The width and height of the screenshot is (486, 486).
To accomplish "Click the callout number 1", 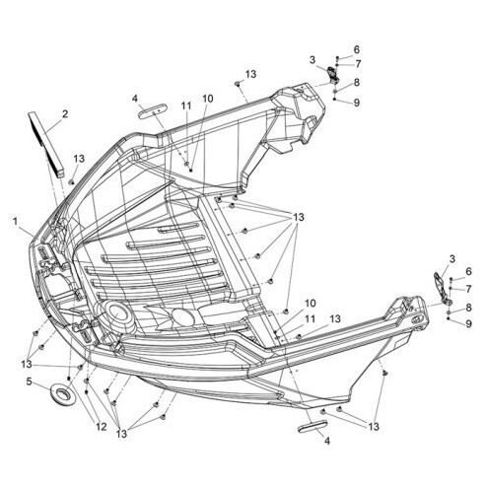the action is tap(15, 221).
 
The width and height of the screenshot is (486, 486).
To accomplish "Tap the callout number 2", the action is tap(65, 114).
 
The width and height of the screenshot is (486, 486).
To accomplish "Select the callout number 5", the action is tap(30, 382).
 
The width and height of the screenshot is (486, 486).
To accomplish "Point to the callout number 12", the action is tap(102, 427).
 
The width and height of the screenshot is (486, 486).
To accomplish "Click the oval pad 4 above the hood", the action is tap(153, 110).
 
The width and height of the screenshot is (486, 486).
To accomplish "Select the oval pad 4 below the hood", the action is tap(312, 425).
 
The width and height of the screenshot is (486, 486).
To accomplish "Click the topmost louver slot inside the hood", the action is tap(178, 228).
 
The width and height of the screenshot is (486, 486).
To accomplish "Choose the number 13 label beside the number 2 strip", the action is tap(79, 159).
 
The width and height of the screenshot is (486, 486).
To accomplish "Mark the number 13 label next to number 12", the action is tap(121, 434).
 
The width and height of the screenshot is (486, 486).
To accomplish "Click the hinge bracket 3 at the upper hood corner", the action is tap(333, 75).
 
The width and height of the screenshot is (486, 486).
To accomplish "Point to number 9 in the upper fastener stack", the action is tap(357, 103).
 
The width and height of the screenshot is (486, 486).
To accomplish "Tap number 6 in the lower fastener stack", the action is tap(468, 271).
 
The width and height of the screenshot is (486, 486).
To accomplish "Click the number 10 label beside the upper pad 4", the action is tap(207, 99).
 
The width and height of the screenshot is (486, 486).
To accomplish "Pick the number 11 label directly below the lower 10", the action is tap(311, 319).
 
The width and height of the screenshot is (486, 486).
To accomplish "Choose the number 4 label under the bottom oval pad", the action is tap(327, 441).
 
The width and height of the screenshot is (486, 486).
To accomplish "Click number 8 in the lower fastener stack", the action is tap(468, 308).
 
